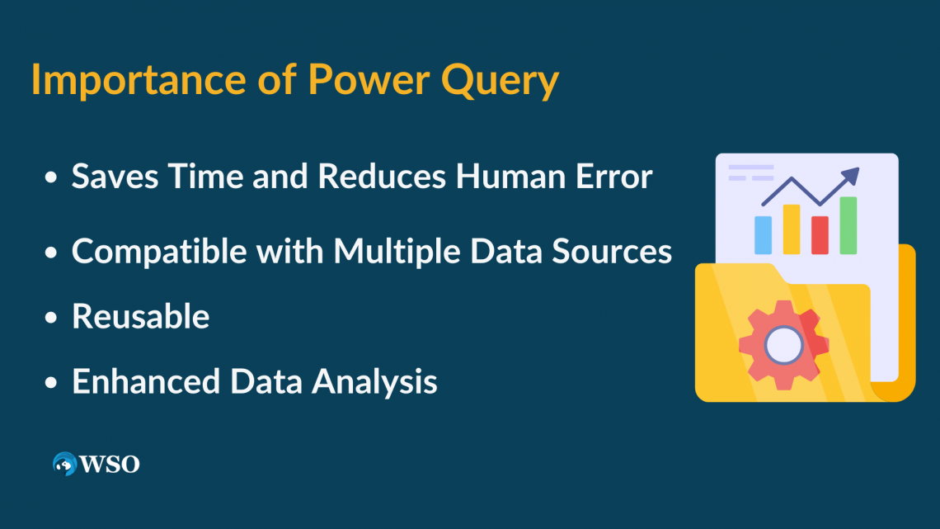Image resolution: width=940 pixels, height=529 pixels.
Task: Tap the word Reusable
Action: coord(141,317)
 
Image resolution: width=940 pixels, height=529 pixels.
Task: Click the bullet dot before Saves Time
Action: coord(52,178)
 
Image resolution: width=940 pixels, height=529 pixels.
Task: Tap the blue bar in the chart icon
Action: coord(764,235)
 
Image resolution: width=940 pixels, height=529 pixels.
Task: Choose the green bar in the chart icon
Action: coord(848,225)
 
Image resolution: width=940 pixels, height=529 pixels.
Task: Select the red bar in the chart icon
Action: coord(820,234)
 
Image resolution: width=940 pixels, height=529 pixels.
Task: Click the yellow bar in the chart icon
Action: coord(792,229)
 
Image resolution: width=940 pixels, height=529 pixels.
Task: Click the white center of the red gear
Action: coord(784,344)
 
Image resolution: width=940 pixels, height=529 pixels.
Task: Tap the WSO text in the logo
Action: coord(110,465)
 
